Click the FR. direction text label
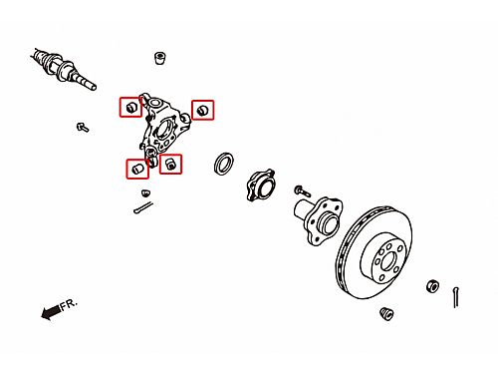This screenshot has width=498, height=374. [69, 304]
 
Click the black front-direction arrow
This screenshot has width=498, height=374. [51, 312]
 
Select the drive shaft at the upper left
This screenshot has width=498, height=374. [64, 69]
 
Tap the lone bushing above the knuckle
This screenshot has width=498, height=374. [160, 58]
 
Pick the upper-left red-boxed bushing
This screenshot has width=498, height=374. [131, 107]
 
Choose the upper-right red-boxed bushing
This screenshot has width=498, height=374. [202, 110]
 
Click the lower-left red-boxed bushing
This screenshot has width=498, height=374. [137, 169]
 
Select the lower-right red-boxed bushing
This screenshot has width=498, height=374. [170, 165]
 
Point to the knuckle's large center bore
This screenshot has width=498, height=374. [162, 131]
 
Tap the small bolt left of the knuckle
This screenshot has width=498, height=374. [83, 127]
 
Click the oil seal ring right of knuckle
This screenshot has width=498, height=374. [224, 164]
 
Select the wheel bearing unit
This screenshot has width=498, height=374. [261, 185]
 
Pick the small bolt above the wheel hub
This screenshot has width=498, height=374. [302, 190]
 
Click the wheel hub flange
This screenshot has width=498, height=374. [319, 220]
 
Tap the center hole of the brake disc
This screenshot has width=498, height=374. [387, 262]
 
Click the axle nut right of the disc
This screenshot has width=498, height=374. [432, 286]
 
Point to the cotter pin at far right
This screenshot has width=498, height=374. [456, 297]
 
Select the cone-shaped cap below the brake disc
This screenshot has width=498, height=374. [386, 313]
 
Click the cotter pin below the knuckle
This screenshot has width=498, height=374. [143, 207]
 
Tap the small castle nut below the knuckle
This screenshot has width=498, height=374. [145, 192]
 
